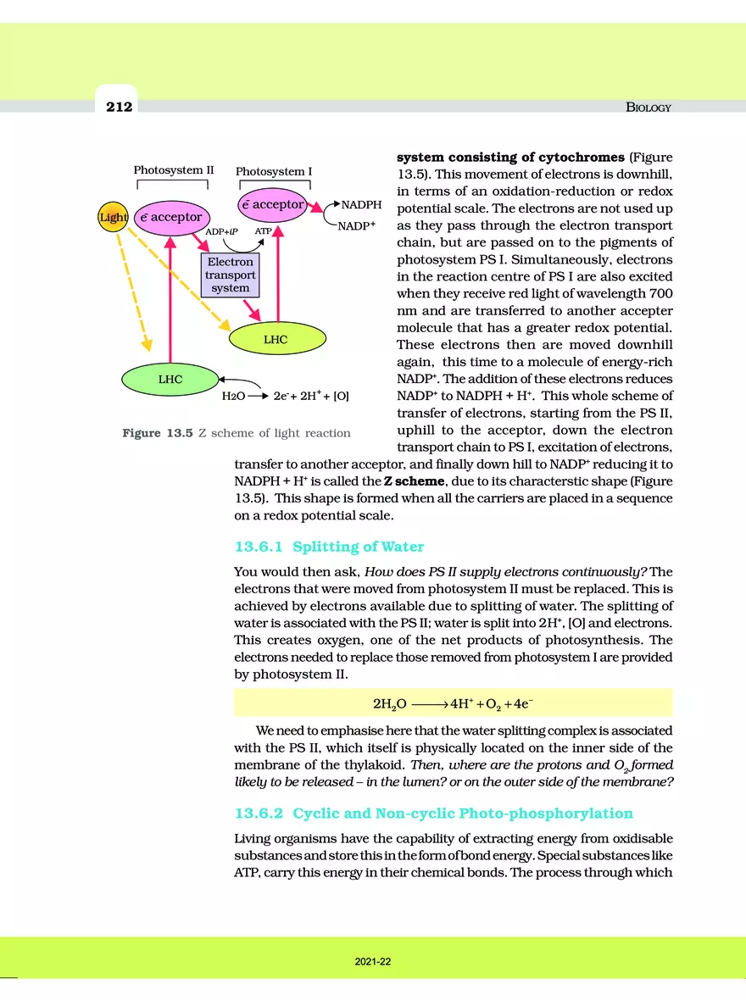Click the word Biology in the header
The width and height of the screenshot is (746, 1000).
(648, 108)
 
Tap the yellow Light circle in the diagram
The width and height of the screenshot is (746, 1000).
(113, 218)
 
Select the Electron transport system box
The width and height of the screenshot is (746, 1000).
(230, 275)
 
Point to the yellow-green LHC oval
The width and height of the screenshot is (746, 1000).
(276, 339)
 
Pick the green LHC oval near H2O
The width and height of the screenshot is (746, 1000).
(170, 380)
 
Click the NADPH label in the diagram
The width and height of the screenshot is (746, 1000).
(361, 205)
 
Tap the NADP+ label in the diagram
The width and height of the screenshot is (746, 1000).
(356, 227)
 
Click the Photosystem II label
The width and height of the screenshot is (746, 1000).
(173, 169)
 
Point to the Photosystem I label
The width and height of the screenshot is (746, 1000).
(274, 171)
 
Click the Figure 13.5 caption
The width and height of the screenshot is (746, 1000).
(237, 433)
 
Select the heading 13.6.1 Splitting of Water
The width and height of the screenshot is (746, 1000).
(329, 547)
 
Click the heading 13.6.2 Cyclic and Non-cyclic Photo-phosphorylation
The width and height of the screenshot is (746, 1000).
(433, 814)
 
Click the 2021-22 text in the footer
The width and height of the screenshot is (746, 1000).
(373, 963)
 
